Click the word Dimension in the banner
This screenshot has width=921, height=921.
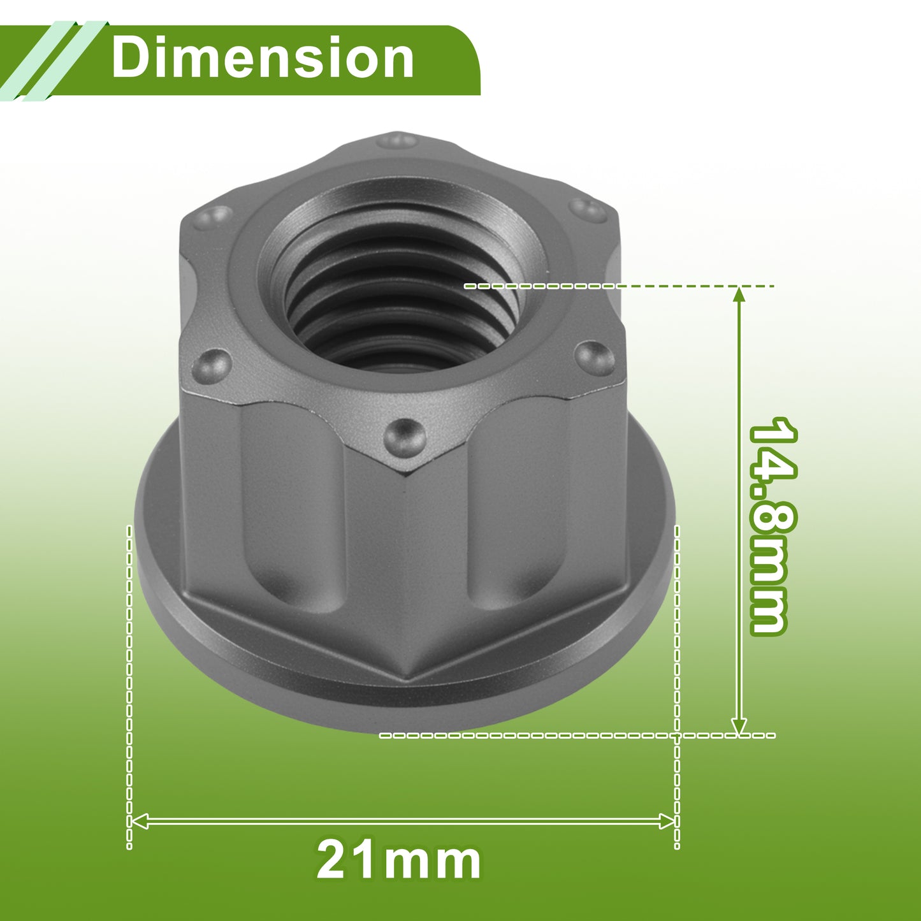tap(263, 58)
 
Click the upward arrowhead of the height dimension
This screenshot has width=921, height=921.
tap(739, 295)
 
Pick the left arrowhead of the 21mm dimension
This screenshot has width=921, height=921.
tap(140, 808)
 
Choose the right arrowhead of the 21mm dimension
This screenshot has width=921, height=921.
tap(667, 808)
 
